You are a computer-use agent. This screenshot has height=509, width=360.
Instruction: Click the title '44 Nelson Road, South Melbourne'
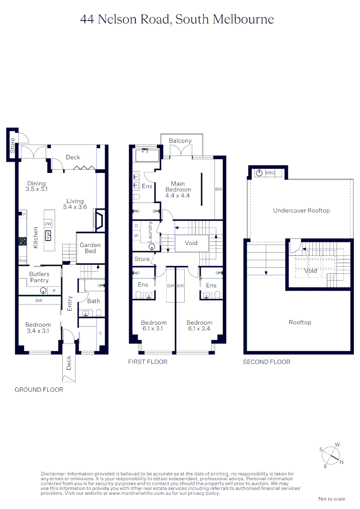pos(177,19)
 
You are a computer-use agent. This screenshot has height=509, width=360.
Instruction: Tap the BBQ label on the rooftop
pos(270,173)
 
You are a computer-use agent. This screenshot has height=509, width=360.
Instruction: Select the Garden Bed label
pos(90,248)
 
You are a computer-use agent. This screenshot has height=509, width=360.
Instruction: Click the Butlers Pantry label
pos(39,277)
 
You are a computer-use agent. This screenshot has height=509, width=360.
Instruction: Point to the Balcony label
pos(180,141)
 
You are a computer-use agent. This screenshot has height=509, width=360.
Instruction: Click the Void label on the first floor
pos(191,243)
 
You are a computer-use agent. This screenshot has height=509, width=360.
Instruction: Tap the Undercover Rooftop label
pos(302,211)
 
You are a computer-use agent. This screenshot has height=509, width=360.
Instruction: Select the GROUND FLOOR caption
pos(39,390)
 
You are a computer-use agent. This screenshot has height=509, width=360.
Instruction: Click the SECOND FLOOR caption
pos(266,362)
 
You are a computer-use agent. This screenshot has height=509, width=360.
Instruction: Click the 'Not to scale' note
pos(332,499)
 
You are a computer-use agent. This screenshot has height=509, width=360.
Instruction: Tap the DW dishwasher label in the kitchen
pos(48,223)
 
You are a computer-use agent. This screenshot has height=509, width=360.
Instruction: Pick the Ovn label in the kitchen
pos(23,260)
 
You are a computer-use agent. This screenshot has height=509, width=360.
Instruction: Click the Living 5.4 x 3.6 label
pos(74,204)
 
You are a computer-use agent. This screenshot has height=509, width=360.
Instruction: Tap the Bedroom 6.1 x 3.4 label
pos(199,326)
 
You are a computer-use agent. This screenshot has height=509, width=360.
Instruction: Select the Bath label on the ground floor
pos(94,301)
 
